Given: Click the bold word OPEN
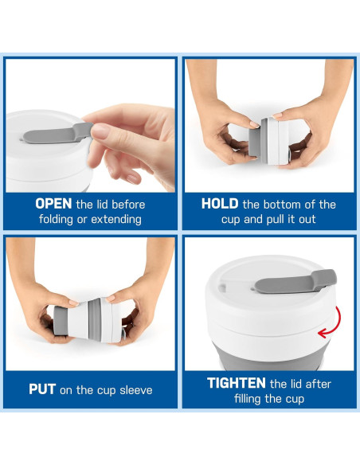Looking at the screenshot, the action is pyautogui.click(x=53, y=204).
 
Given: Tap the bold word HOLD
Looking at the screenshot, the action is pyautogui.click(x=220, y=204).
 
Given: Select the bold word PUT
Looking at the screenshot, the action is pyautogui.click(x=42, y=389).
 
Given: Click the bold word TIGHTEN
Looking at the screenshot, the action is pyautogui.click(x=237, y=383).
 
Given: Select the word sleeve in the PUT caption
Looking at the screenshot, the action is pyautogui.click(x=136, y=390).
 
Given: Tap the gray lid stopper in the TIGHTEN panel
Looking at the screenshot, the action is pyautogui.click(x=295, y=282).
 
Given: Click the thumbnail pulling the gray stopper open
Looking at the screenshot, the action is pyautogui.click(x=100, y=131).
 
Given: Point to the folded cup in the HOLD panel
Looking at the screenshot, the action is pyautogui.click(x=269, y=141).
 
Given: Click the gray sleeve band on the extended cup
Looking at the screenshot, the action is pyautogui.click(x=95, y=319).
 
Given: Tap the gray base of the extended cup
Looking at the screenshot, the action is pyautogui.click(x=61, y=321).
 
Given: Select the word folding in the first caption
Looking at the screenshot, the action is pyautogui.click(x=56, y=220).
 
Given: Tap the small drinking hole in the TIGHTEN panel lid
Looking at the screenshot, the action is pyautogui.click(x=221, y=287).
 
